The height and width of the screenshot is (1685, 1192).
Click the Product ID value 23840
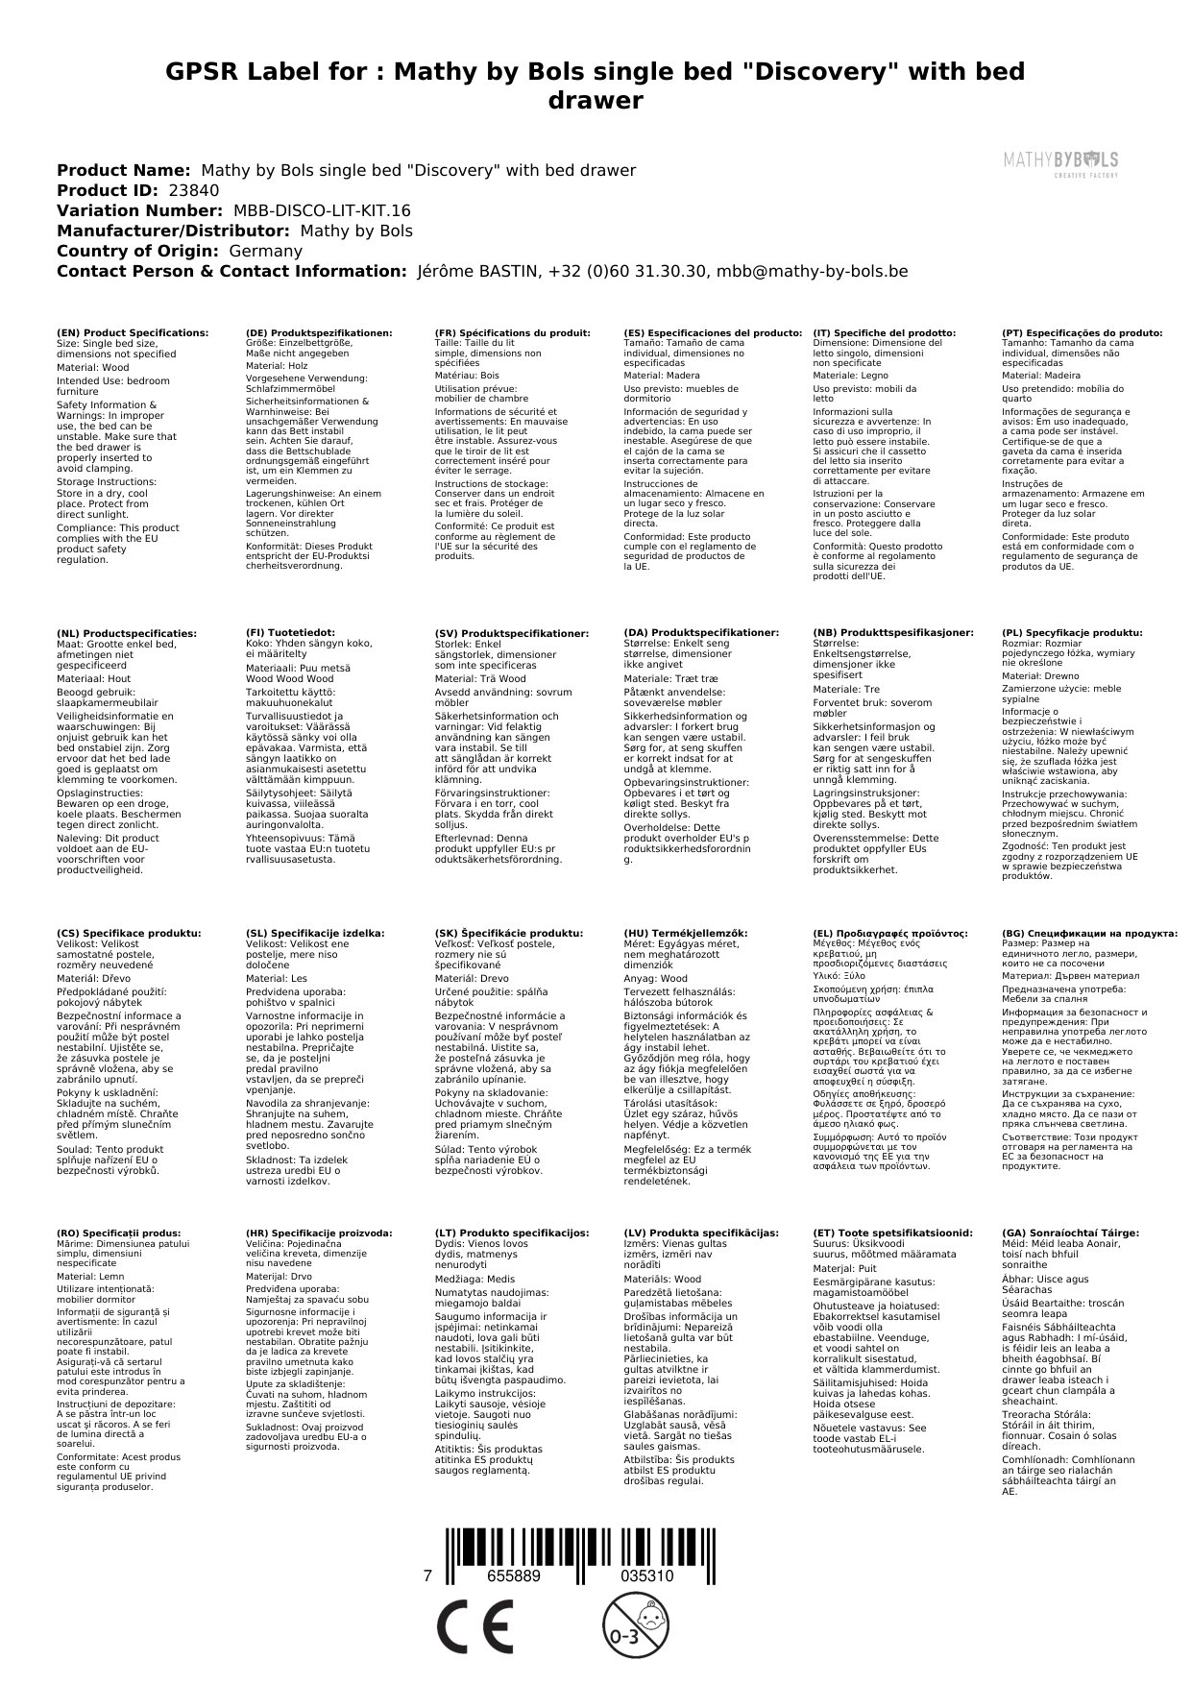(193, 190)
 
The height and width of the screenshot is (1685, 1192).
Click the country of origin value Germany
(265, 251)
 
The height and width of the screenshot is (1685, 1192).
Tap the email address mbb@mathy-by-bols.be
(812, 271)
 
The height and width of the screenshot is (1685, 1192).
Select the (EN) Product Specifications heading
(133, 332)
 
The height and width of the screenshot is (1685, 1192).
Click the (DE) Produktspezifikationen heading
(319, 332)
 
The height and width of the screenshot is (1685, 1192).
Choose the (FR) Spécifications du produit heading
(512, 332)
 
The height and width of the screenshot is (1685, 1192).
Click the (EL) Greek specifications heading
(890, 933)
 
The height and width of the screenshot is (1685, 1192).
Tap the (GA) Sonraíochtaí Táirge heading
(1070, 1233)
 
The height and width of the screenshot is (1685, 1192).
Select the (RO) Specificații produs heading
(119, 1233)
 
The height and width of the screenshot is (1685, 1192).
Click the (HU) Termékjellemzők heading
(685, 933)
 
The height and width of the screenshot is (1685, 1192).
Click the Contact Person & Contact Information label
(231, 271)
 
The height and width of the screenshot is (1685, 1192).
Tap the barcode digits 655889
(514, 1576)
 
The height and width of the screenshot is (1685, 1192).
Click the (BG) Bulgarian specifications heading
(1089, 933)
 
